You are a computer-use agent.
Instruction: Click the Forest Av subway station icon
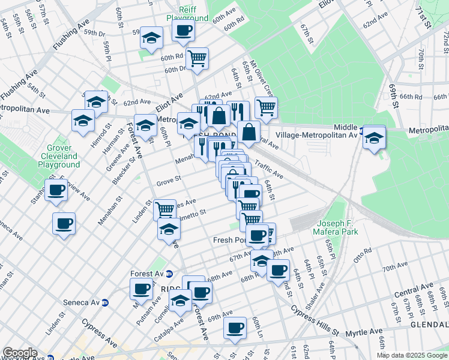(x=170, y=274)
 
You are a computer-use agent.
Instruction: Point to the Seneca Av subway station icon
(x=105, y=302)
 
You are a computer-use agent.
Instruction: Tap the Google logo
(x=20, y=353)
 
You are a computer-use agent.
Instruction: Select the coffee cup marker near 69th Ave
(x=235, y=328)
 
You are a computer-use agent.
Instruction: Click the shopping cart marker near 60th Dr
(x=197, y=58)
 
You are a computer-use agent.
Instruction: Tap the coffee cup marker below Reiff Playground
(x=183, y=30)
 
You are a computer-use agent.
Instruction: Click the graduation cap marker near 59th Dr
(x=151, y=38)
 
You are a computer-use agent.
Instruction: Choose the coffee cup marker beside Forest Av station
(x=142, y=289)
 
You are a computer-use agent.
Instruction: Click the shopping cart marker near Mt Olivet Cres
(x=266, y=107)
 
